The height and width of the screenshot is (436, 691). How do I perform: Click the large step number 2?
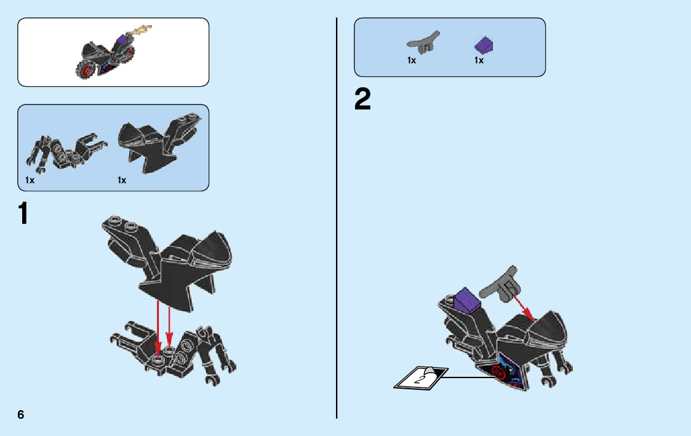click(363, 100)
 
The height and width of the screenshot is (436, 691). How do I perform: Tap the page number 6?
click(21, 414)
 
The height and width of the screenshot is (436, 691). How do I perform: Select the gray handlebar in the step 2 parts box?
click(423, 42)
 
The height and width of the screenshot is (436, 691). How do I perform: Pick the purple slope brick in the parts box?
click(484, 44)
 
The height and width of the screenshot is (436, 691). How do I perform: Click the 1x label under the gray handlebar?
click(412, 60)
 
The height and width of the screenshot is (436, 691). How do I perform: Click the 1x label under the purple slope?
click(479, 60)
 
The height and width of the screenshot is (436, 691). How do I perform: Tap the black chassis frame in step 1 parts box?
click(65, 151)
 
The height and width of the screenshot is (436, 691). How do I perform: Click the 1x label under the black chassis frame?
click(30, 180)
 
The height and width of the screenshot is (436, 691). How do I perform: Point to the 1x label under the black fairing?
click(122, 180)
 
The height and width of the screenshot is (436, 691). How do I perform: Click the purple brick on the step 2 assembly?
click(466, 301)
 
